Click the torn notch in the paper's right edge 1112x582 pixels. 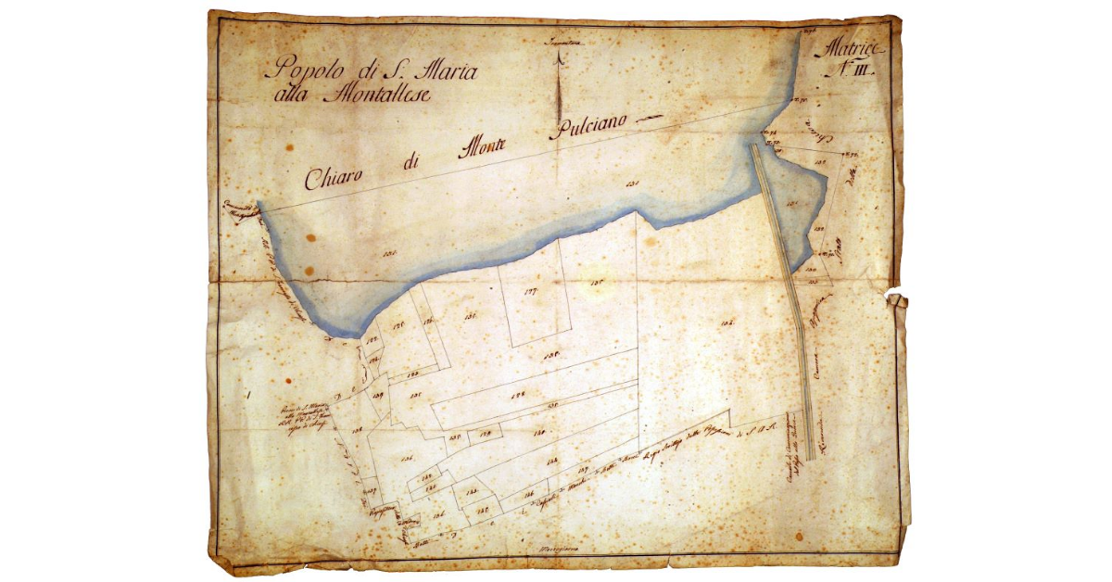(896, 299)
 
